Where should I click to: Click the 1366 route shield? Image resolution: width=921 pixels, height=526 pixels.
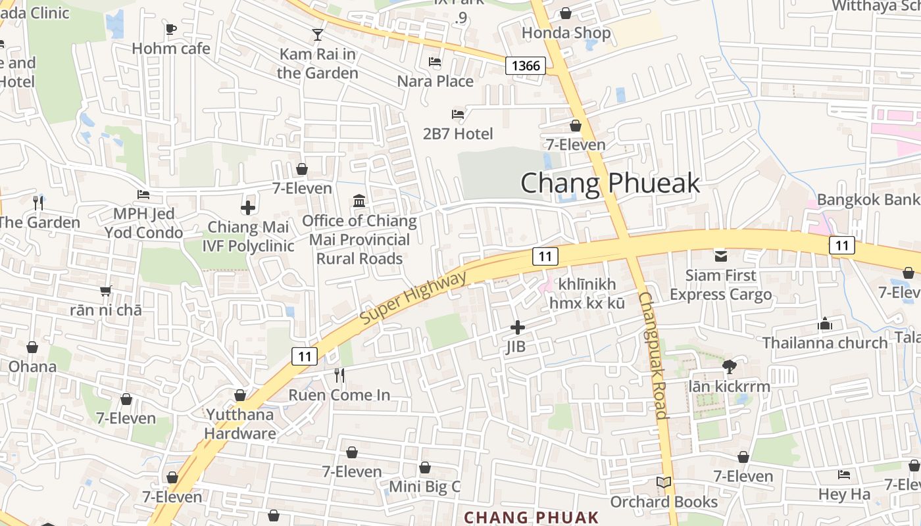click(526, 65)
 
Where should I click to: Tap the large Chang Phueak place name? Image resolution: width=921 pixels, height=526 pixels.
click(610, 183)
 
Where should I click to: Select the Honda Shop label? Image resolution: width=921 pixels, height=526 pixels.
click(566, 33)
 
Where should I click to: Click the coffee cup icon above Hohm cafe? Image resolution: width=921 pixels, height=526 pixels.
click(171, 29)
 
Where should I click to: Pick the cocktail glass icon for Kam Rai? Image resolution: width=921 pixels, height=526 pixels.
click(318, 35)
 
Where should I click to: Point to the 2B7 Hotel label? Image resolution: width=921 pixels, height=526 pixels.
click(458, 134)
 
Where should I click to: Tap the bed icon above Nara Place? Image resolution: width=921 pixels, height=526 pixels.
click(435, 62)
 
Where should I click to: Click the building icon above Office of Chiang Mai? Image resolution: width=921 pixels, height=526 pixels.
click(359, 201)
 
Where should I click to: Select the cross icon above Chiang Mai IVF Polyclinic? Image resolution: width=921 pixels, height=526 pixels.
click(248, 208)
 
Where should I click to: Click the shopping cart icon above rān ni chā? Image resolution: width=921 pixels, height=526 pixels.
click(106, 291)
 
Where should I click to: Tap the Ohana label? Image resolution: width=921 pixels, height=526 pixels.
click(32, 366)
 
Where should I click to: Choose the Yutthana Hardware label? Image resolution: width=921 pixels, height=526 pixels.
click(239, 424)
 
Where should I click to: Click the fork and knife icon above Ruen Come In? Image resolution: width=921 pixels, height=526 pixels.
click(339, 375)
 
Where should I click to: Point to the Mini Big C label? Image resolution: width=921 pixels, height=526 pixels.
click(424, 487)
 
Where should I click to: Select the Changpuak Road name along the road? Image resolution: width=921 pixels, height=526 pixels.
click(653, 355)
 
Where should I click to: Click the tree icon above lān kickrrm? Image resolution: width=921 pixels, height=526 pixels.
click(728, 367)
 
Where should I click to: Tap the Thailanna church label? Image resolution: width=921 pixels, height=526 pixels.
click(825, 343)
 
